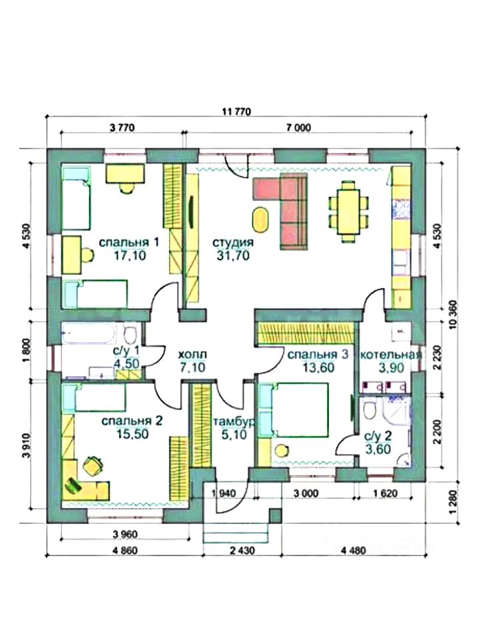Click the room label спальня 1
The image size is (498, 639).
tap(128, 242)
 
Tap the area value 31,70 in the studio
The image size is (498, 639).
tap(233, 256)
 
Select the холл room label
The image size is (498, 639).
tap(193, 355)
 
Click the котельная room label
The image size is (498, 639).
tap(391, 355)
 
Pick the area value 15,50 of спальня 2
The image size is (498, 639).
tap(132, 434)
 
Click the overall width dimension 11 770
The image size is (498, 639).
tap(236, 111)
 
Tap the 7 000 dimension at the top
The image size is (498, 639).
tap(298, 128)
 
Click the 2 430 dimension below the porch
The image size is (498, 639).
tap(242, 550)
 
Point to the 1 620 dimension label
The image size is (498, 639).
tap(385, 493)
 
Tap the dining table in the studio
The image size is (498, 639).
tap(348, 212)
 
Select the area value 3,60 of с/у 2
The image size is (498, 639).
tap(377, 449)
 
